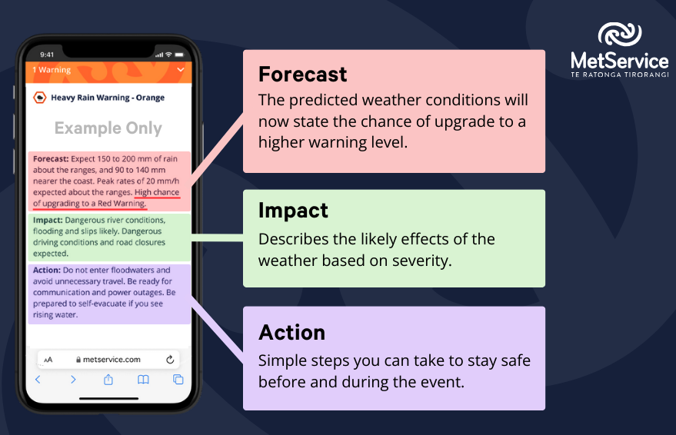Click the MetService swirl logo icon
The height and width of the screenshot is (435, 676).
[619, 35]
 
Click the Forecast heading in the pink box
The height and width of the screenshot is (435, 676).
[303, 74]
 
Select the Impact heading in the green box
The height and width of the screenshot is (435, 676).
[293, 211]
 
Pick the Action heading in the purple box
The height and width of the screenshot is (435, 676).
[291, 332]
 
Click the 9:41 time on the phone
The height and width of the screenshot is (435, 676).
[48, 55]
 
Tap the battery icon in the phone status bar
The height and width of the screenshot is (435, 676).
[179, 55]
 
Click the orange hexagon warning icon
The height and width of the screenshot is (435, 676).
[40, 98]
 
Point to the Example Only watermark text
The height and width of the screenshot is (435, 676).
[108, 128]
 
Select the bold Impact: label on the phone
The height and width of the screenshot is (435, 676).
[48, 220]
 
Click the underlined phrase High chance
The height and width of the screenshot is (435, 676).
[155, 192]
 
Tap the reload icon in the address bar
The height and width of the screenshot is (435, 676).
[170, 359]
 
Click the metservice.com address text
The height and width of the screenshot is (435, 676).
[112, 359]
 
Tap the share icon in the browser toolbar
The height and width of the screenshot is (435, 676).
[108, 380]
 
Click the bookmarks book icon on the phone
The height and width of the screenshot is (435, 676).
[143, 380]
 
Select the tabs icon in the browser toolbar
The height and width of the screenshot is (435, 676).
[178, 380]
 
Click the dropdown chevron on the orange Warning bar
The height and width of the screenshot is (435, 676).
[181, 70]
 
